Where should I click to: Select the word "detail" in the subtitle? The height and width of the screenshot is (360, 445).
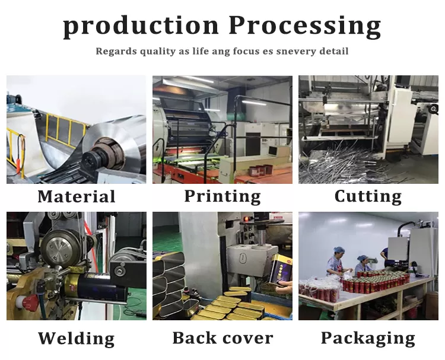[333, 52]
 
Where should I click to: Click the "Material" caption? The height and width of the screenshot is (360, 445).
[77, 196]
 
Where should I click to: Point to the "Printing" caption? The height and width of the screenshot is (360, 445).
[223, 196]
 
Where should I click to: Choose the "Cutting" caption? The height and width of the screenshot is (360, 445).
[368, 196]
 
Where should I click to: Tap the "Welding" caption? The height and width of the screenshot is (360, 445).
[77, 338]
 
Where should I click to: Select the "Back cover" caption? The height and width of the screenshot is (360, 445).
[223, 338]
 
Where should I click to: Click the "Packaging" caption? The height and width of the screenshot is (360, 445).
[368, 339]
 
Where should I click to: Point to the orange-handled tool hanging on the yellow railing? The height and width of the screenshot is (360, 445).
[19, 155]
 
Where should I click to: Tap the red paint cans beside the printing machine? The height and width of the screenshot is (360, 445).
[260, 170]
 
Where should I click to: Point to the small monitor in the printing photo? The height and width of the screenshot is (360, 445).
[275, 151]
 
